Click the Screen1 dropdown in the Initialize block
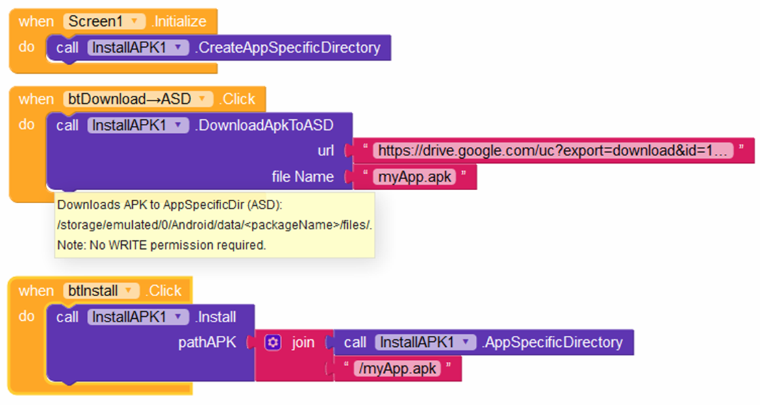104,21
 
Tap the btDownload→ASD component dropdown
138,99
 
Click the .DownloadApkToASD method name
264,125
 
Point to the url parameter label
326,151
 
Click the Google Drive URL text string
553,151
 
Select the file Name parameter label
303,177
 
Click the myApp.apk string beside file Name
414,177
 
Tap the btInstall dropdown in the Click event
101,291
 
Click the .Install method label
216,317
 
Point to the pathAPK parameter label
207,343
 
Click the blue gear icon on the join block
273,343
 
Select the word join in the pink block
303,343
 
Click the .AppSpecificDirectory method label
552,343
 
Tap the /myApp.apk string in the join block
397,369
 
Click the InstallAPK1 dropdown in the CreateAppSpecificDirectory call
138,47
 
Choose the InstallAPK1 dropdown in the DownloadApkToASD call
138,125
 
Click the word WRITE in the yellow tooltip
128,245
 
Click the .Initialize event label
179,21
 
